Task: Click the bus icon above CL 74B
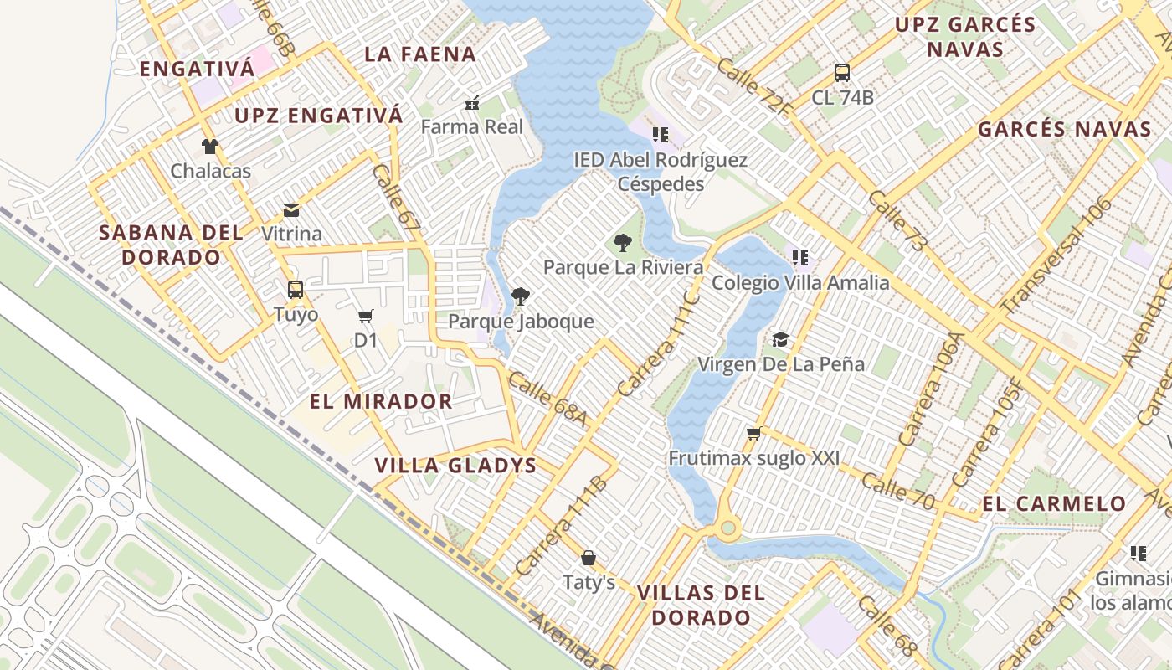click(x=842, y=73)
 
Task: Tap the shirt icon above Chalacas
click(x=210, y=147)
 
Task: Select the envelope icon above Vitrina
click(x=291, y=209)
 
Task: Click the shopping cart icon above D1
click(x=365, y=316)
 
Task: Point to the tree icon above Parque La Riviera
click(x=622, y=244)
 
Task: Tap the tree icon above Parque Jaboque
click(x=520, y=296)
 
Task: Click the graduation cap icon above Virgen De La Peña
click(x=780, y=339)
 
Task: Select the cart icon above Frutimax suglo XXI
click(x=753, y=433)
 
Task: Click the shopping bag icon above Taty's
click(x=589, y=558)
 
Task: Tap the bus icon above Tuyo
click(x=296, y=290)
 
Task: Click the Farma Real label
click(x=471, y=127)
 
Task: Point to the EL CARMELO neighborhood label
click(x=1054, y=504)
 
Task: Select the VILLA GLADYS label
click(x=455, y=466)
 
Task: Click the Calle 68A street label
click(x=547, y=399)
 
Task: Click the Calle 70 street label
click(x=898, y=491)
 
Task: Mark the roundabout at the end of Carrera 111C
click(x=727, y=528)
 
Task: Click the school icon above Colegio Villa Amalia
click(x=799, y=258)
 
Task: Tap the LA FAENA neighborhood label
click(x=420, y=54)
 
